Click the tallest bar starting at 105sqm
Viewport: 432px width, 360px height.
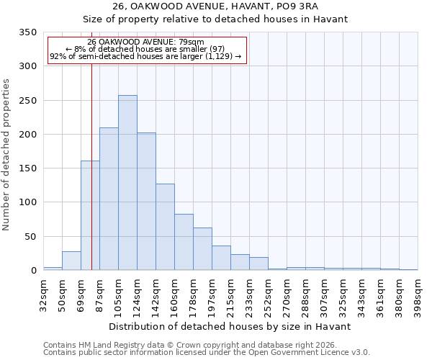point(127,183)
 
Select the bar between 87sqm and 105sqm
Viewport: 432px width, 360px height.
point(109,199)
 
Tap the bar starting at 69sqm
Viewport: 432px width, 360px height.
point(90,215)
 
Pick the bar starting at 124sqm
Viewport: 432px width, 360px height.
point(146,202)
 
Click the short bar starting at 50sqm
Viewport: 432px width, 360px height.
point(71,261)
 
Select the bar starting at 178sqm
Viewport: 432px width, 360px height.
point(202,249)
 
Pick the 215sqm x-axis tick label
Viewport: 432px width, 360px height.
point(230,293)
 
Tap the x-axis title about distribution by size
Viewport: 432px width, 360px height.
point(230,326)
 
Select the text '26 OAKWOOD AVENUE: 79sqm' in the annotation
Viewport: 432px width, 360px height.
point(145,42)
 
